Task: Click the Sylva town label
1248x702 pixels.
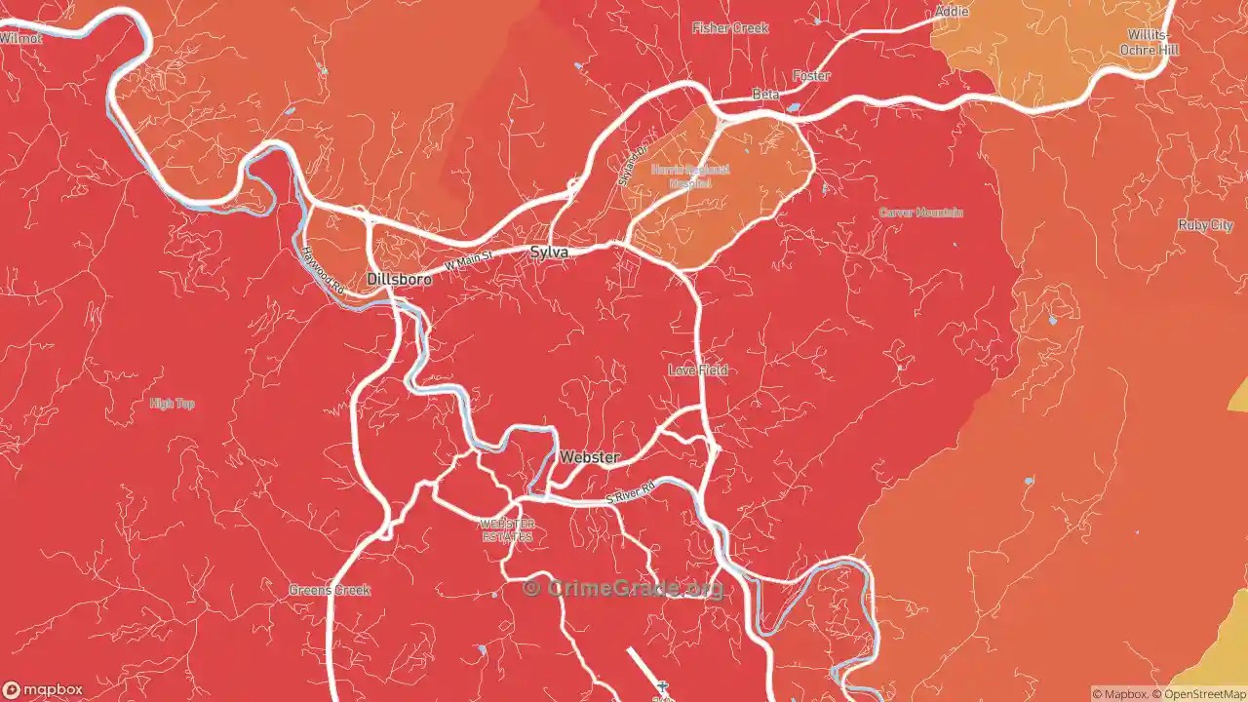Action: [x=548, y=252]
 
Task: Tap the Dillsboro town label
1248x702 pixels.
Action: [x=399, y=279]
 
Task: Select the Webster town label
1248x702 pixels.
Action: [x=589, y=456]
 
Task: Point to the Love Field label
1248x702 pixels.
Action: [x=698, y=370]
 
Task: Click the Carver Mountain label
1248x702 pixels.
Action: [x=921, y=213]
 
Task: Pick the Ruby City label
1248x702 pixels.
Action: [x=1205, y=225]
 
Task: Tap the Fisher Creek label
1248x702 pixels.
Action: [x=730, y=28]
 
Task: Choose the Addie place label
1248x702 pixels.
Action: [x=952, y=12]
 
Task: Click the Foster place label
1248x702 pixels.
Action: [x=811, y=76]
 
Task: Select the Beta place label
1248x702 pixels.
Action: [x=765, y=95]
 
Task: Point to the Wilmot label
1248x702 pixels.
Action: [x=21, y=38]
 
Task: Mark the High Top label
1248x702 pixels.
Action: [x=173, y=404]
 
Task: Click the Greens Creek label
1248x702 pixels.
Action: [x=330, y=590]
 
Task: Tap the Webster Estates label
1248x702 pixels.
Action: [x=507, y=530]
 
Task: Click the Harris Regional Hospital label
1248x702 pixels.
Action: [x=690, y=175]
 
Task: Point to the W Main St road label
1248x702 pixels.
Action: [x=468, y=261]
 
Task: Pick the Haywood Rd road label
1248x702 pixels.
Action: [x=323, y=270]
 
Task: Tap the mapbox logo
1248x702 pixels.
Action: [x=43, y=689]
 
